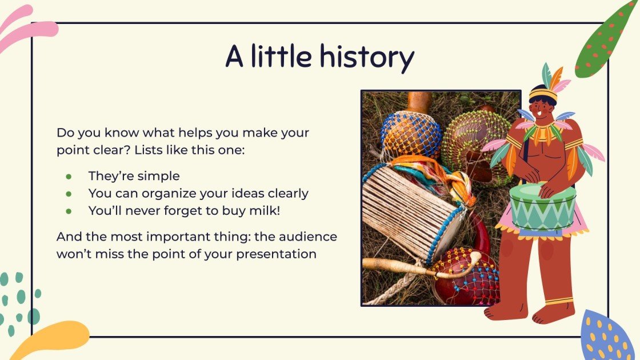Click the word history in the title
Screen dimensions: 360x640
tap(366, 57)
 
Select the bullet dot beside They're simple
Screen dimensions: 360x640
tap(69, 177)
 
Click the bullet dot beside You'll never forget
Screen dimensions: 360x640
tap(69, 211)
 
